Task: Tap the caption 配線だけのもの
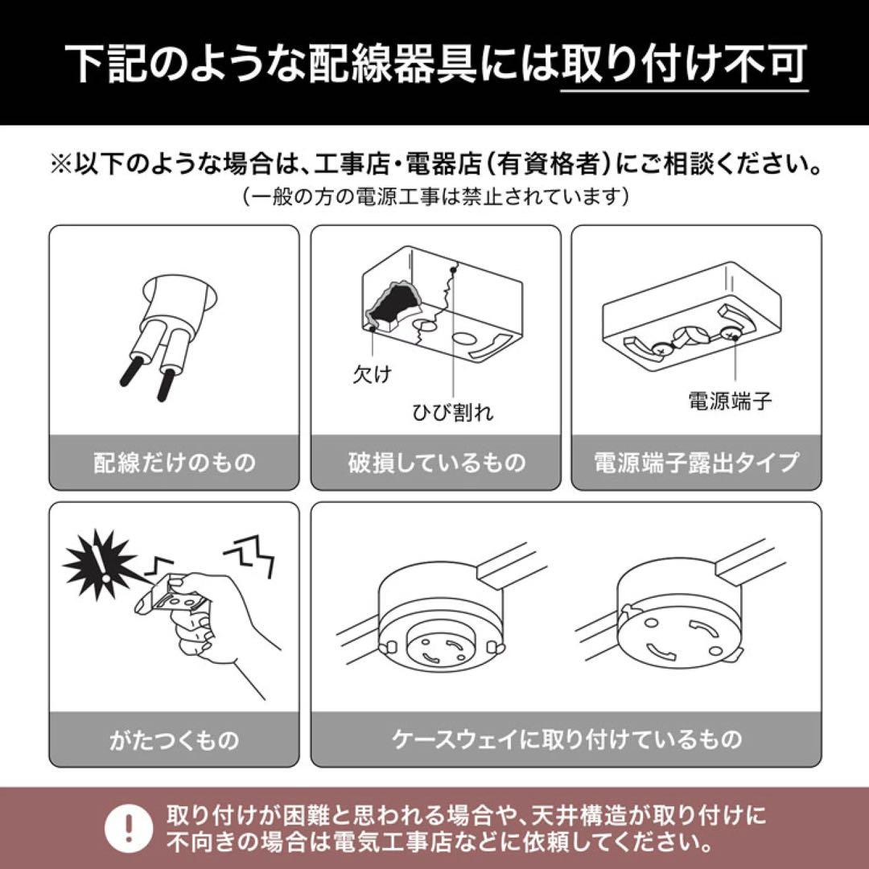pos(174,463)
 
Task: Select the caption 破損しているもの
pos(435,463)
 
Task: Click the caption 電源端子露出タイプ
pos(696,463)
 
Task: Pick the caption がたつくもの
pos(174,739)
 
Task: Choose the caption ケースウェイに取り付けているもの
pos(566,739)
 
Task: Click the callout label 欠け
pos(371,375)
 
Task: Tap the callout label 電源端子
pos(730,400)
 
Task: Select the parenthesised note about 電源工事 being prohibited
pos(434,196)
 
